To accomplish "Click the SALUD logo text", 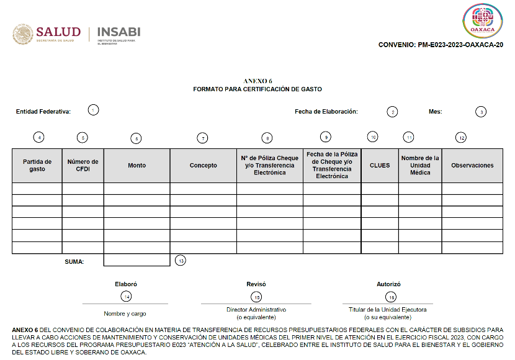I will [x=58, y=32].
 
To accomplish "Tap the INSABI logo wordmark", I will [x=119, y=32].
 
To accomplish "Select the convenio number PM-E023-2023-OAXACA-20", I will [x=441, y=45].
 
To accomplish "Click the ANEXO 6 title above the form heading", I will [x=257, y=81].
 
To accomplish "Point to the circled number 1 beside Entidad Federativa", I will [x=93, y=110].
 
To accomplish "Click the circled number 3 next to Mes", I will [x=481, y=112].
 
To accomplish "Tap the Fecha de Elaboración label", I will [x=326, y=112].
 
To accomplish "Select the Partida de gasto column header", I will [x=37, y=165].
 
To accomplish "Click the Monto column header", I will [x=137, y=165].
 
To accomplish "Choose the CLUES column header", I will [x=380, y=165].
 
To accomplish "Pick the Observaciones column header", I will [x=472, y=165].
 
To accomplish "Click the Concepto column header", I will [x=204, y=165].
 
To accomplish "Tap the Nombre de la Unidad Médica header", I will [x=420, y=165].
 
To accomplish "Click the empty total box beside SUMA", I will [x=137, y=260].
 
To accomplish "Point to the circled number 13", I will [x=181, y=260].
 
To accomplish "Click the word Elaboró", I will [x=126, y=284].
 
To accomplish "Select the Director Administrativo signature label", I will [x=256, y=309].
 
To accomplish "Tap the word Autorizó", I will [x=389, y=284].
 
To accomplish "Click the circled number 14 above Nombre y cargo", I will [x=126, y=296].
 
